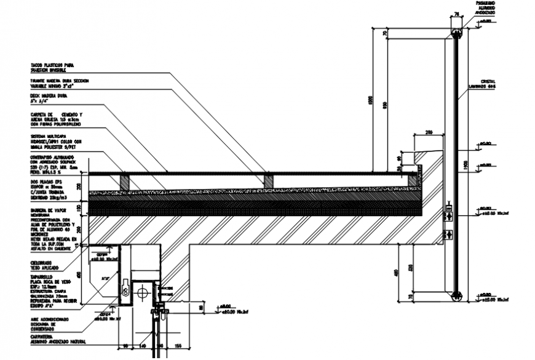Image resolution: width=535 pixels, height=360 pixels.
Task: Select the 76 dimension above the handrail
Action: tap(456, 12)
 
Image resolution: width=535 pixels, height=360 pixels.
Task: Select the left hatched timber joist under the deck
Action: tap(124, 180)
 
